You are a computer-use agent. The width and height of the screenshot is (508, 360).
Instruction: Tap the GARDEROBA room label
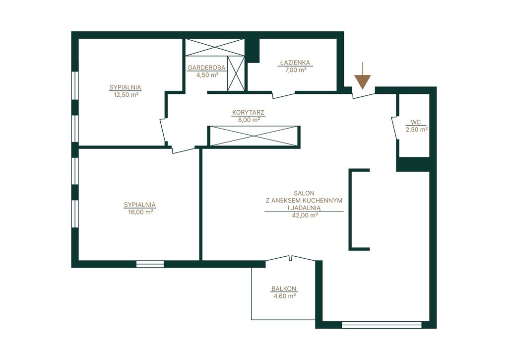(x=207, y=68)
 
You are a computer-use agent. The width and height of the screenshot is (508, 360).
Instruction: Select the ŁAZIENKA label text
(x=295, y=63)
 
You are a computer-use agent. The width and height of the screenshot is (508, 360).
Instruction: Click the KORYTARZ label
(x=248, y=113)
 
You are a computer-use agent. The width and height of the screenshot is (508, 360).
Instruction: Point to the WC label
(x=416, y=122)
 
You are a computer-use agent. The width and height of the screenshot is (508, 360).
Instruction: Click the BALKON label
(x=284, y=288)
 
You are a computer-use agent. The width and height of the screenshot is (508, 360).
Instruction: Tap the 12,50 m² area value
(x=126, y=95)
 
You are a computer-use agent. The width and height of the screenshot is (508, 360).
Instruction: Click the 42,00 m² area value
(x=305, y=215)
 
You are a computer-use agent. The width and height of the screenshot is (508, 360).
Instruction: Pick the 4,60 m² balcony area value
(x=284, y=296)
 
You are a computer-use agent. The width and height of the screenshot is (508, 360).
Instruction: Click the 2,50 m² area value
(x=417, y=130)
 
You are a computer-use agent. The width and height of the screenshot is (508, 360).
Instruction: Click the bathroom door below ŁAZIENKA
(x=283, y=94)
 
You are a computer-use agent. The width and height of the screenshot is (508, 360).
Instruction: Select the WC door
(x=394, y=128)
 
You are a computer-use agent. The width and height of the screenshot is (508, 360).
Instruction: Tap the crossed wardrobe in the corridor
(x=254, y=136)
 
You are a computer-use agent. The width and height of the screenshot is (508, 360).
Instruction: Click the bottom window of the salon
(x=381, y=324)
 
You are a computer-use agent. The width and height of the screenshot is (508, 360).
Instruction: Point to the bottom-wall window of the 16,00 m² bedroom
(x=150, y=264)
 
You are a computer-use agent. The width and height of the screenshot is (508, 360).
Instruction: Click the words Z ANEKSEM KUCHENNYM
(x=304, y=201)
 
